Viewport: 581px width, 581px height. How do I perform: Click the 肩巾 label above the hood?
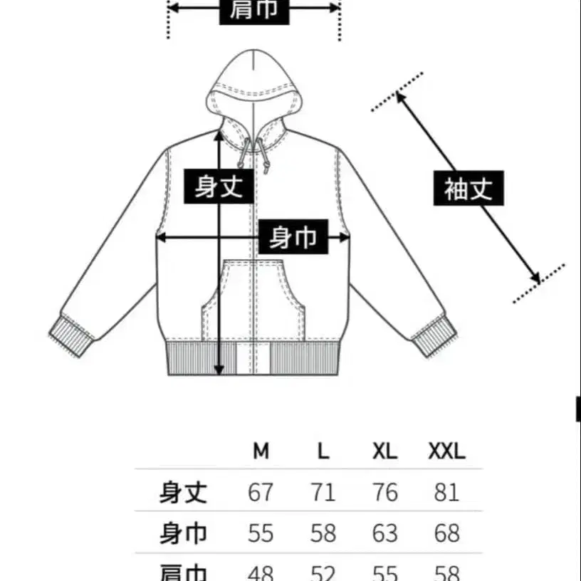(254, 10)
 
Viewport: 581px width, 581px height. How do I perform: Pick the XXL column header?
(446, 451)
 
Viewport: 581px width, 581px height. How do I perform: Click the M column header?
(261, 451)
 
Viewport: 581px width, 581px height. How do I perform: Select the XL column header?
(384, 451)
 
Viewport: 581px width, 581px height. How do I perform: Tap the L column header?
(323, 451)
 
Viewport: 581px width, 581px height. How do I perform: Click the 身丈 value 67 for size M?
(261, 492)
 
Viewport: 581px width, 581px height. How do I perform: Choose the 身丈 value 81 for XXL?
(446, 492)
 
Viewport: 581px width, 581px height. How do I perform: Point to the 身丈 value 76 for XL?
(384, 492)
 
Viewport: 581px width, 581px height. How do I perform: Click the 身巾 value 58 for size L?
(323, 533)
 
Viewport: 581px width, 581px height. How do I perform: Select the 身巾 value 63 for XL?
(384, 533)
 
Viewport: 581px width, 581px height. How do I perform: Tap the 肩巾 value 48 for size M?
(261, 572)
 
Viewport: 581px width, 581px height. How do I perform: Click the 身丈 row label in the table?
(183, 492)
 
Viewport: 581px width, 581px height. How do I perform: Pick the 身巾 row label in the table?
(183, 533)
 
